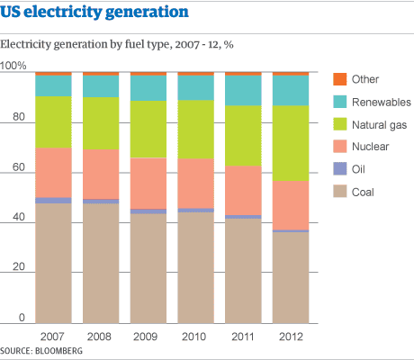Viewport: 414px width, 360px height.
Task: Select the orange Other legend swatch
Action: point(339,79)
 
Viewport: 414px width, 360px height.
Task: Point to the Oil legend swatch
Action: point(339,169)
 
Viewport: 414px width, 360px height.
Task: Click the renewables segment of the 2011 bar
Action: point(245,90)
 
